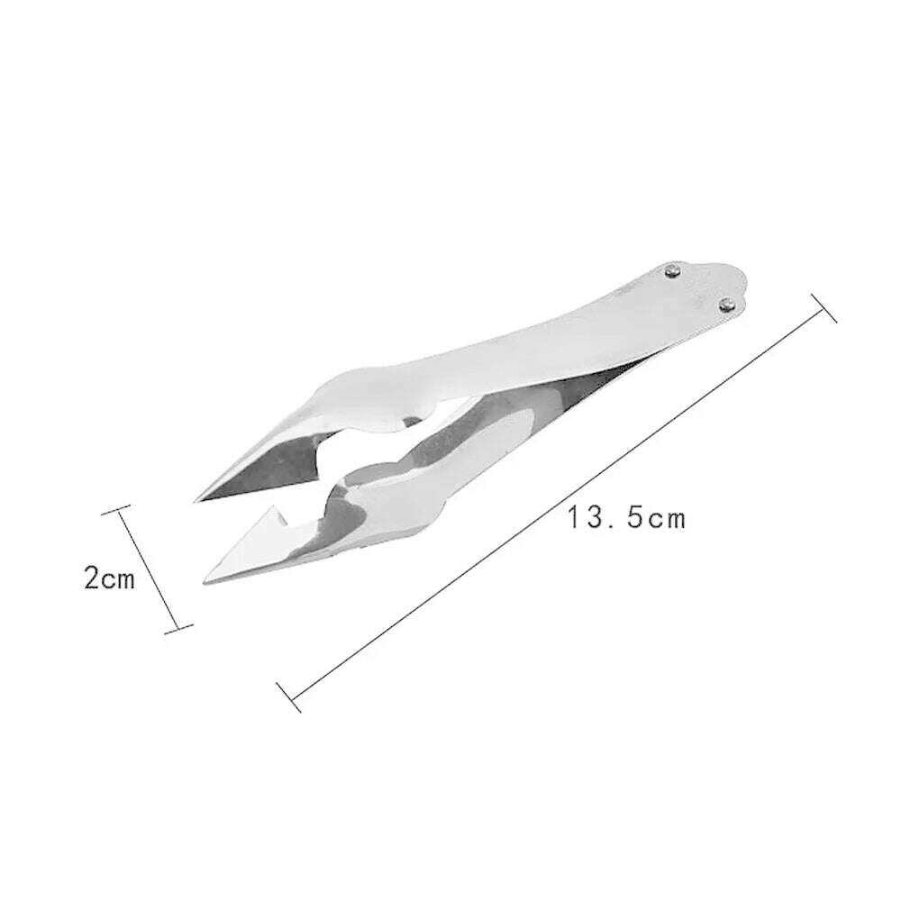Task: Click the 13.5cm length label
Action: (626, 519)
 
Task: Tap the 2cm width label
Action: (109, 578)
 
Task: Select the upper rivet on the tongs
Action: (672, 269)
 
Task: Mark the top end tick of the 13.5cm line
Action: (824, 307)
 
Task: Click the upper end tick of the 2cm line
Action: (118, 513)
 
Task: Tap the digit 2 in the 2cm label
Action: (91, 578)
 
